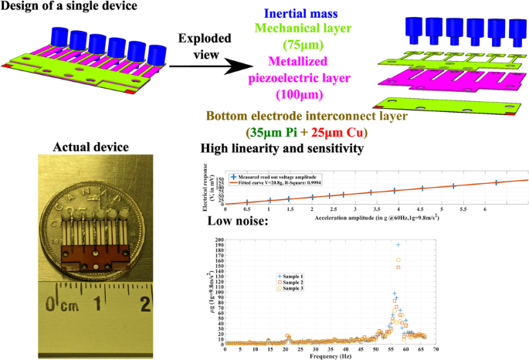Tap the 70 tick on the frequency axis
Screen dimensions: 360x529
[x=436, y=350]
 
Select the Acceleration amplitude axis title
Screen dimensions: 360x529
[x=371, y=218]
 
